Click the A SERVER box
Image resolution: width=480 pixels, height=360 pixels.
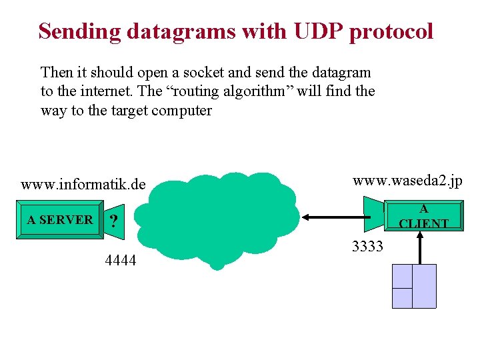[60, 219]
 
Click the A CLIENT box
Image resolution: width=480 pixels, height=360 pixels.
[424, 217]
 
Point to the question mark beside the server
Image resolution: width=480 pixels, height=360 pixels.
[114, 222]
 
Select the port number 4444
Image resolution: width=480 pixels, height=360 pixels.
[121, 261]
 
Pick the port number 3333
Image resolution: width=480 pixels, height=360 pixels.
[367, 247]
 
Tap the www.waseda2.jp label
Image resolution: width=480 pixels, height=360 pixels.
[407, 181]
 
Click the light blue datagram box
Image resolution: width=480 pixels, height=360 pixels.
[413, 286]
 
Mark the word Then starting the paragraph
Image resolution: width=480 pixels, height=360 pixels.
[55, 72]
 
